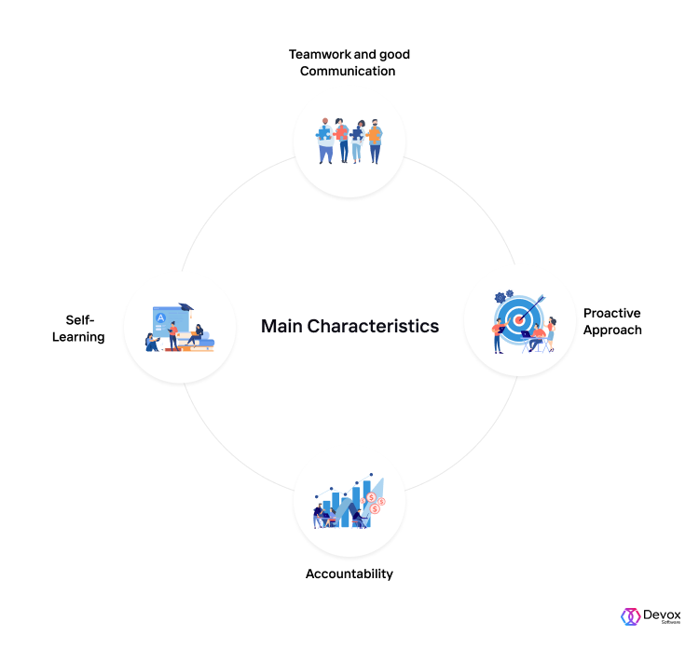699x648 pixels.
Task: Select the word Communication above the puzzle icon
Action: tap(348, 72)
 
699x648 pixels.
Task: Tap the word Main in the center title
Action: tap(281, 326)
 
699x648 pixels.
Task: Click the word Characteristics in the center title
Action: tap(373, 326)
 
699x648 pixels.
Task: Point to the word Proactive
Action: tap(612, 313)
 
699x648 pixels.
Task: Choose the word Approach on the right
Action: tap(612, 331)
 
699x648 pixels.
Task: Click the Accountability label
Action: tap(349, 574)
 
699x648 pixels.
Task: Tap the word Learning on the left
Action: tap(78, 337)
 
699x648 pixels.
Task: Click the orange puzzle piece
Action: tap(374, 134)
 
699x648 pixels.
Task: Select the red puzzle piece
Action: tap(340, 132)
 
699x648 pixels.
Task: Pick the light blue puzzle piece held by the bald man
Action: tap(323, 133)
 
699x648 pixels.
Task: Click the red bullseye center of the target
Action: tap(518, 319)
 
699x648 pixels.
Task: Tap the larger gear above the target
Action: tap(500, 298)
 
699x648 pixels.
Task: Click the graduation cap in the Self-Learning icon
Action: tap(186, 307)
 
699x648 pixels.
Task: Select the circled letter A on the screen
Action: tap(160, 318)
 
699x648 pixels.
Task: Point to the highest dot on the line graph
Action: tap(371, 475)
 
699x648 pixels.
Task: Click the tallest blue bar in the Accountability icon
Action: tap(367, 504)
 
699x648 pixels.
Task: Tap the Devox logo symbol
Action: tap(630, 617)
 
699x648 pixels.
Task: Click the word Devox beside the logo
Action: tap(662, 615)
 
